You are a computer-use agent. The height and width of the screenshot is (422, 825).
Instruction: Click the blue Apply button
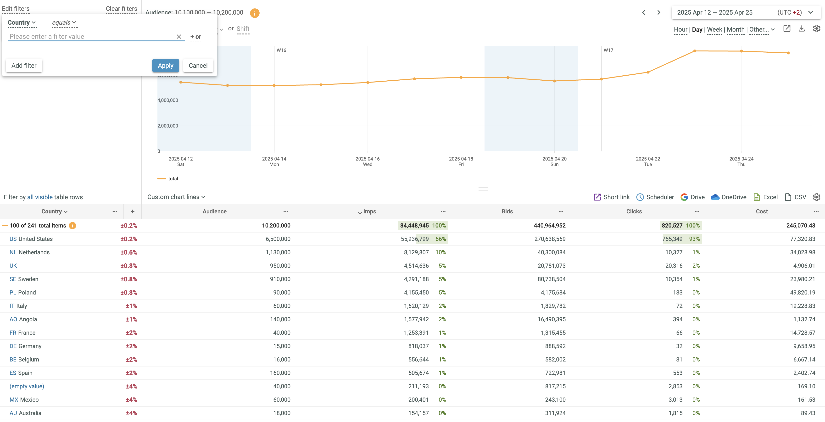[165, 66]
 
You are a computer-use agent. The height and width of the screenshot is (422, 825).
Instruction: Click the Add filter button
[24, 66]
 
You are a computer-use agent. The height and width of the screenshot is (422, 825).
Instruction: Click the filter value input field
[91, 37]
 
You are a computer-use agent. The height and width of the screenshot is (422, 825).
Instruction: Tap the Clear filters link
[121, 9]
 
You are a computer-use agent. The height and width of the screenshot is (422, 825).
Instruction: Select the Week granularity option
[714, 29]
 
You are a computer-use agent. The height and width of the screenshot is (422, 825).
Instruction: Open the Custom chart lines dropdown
[176, 197]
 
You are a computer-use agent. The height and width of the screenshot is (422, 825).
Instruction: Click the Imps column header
[369, 211]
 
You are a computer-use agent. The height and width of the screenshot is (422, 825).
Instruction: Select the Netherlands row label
[34, 252]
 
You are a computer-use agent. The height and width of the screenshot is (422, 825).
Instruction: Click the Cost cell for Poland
[802, 293]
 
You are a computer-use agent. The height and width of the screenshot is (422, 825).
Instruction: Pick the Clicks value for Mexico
[675, 400]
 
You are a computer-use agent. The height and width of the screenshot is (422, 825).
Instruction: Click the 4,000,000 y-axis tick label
[167, 100]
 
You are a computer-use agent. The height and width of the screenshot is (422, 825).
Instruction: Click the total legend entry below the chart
[173, 179]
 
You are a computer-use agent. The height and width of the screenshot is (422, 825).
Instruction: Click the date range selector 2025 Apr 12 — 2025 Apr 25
[714, 12]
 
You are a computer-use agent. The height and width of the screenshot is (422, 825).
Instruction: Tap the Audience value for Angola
[280, 319]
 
